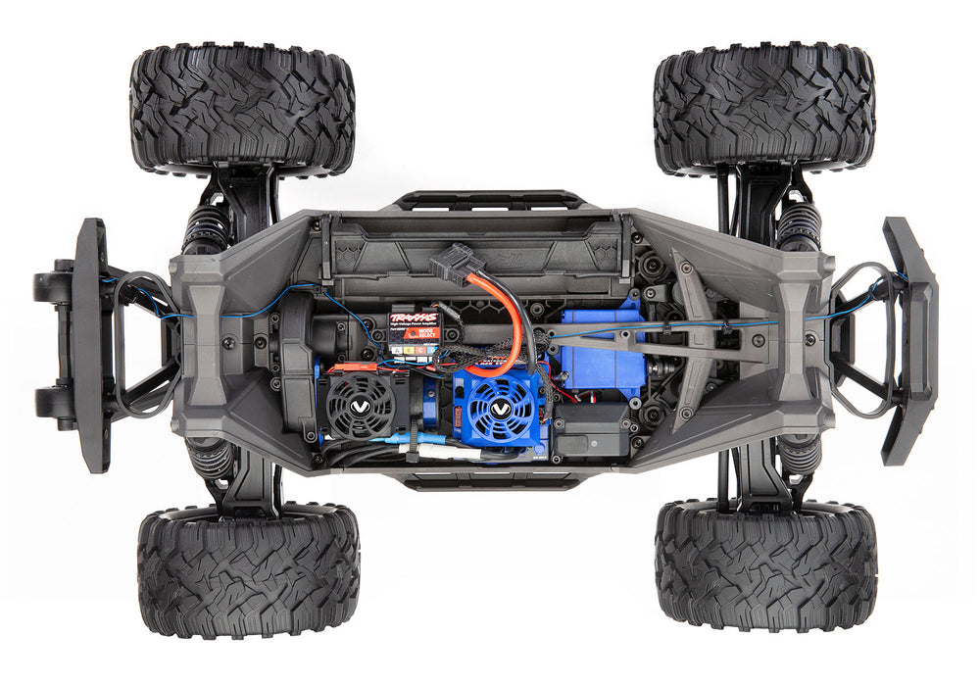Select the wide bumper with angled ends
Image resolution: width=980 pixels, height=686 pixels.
coord(909,340)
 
